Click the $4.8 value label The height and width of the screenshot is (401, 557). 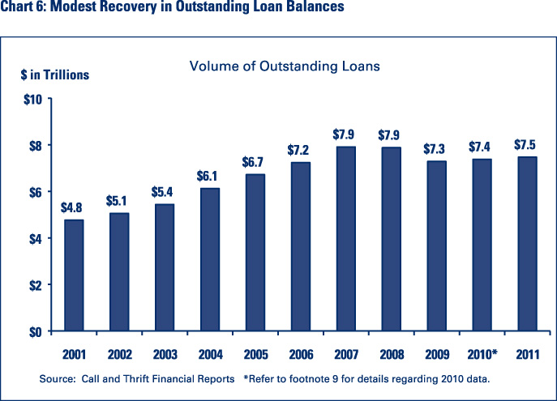click(73, 207)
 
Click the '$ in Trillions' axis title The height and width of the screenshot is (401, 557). click(55, 75)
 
